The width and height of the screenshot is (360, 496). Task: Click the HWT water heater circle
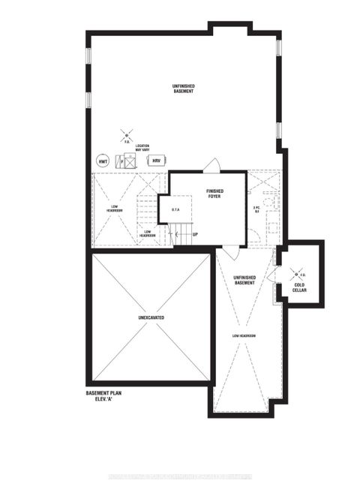pyautogui.click(x=103, y=161)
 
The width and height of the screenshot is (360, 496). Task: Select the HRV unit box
pyautogui.click(x=157, y=161)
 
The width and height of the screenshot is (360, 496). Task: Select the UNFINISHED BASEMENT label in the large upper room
pyautogui.click(x=182, y=89)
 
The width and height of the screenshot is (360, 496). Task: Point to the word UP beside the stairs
pyautogui.click(x=195, y=235)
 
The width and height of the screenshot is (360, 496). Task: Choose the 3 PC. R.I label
pyautogui.click(x=256, y=210)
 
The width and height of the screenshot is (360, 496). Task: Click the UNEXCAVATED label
pyautogui.click(x=151, y=318)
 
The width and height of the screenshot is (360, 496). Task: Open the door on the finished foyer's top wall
pyautogui.click(x=213, y=167)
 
